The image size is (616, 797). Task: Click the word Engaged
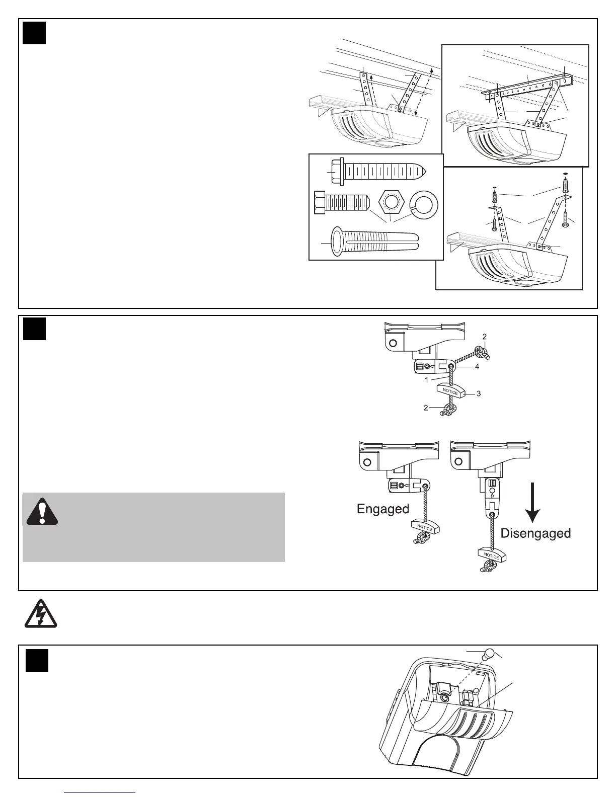pyautogui.click(x=382, y=509)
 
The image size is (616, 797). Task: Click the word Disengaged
pyautogui.click(x=535, y=533)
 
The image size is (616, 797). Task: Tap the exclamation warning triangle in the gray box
pyautogui.click(x=42, y=512)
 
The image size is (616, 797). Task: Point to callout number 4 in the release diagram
pyautogui.click(x=477, y=367)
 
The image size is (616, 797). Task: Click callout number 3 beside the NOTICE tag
pyautogui.click(x=479, y=393)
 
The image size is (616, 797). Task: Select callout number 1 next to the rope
pyautogui.click(x=426, y=380)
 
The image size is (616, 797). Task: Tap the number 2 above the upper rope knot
pyautogui.click(x=484, y=336)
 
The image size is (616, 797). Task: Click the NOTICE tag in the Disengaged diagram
pyautogui.click(x=492, y=555)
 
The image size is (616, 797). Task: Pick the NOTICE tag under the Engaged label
pyautogui.click(x=425, y=528)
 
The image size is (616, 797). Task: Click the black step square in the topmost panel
pyautogui.click(x=34, y=33)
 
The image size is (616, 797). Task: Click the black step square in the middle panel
pyautogui.click(x=34, y=329)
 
